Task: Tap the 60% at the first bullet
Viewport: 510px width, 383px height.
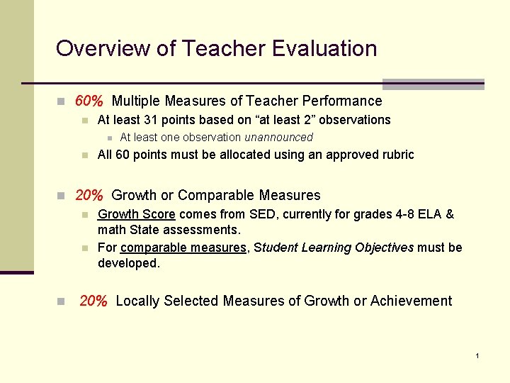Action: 90,101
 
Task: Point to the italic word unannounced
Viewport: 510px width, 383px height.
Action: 278,138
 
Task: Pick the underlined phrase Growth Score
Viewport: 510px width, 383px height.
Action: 136,214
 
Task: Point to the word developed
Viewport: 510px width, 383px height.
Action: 127,263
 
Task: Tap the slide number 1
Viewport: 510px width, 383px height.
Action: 478,355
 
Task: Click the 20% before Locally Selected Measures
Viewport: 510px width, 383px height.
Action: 93,301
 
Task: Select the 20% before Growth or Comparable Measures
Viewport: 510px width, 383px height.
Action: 90,195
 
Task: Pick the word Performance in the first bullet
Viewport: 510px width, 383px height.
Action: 341,101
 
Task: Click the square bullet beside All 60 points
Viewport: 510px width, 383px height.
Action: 84,155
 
